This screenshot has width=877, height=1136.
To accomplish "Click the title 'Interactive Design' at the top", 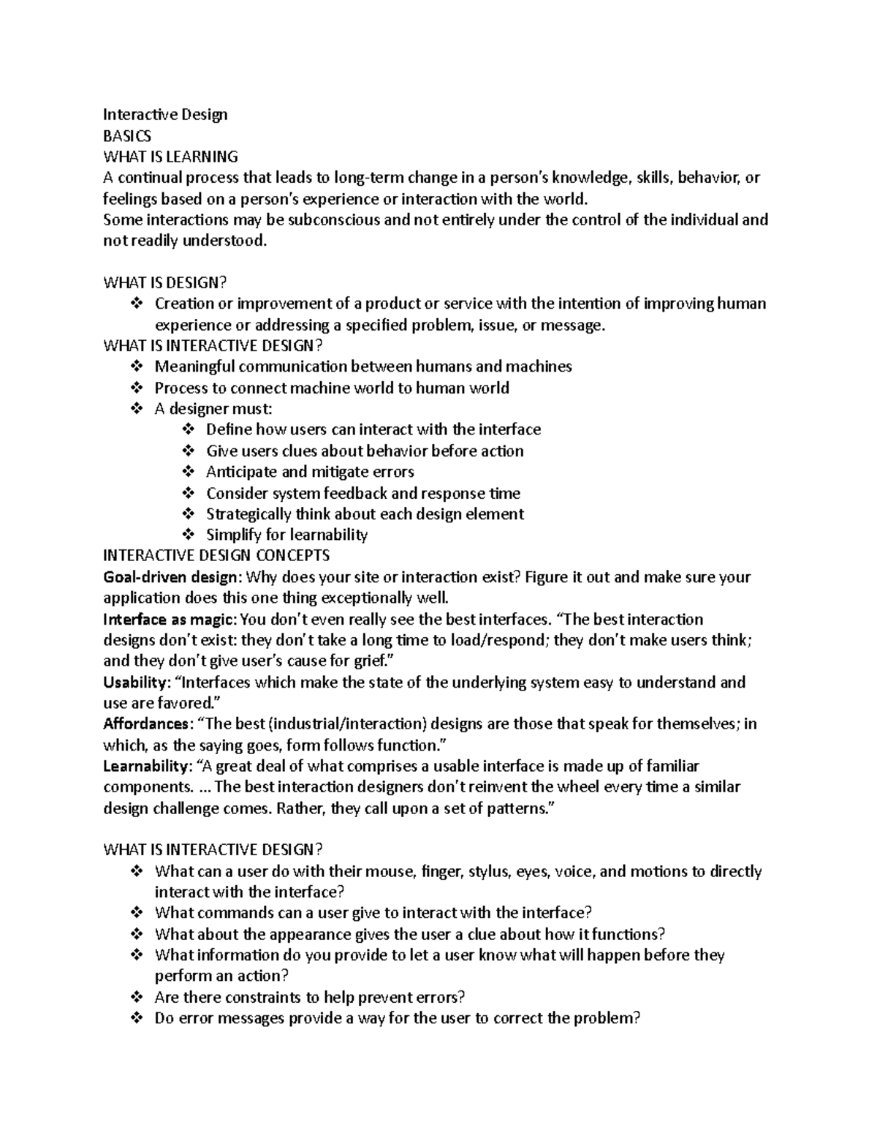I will pyautogui.click(x=165, y=115).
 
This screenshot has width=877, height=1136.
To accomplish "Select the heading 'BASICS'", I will pyautogui.click(x=127, y=136).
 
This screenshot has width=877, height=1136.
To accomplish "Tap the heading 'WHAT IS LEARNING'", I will pyautogui.click(x=170, y=157).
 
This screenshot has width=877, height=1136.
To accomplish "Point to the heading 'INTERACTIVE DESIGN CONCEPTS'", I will pyautogui.click(x=216, y=555).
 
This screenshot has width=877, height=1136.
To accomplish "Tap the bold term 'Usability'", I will pyautogui.click(x=135, y=682).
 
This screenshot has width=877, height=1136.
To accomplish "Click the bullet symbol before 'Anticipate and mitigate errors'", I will pyautogui.click(x=188, y=472).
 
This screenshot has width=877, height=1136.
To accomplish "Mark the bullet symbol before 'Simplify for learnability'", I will pyautogui.click(x=188, y=535).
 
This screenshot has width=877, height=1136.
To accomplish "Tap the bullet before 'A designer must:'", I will pyautogui.click(x=137, y=409).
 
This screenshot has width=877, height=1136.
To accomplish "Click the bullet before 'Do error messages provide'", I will pyautogui.click(x=137, y=1018).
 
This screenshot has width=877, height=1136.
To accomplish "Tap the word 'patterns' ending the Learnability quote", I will pyautogui.click(x=516, y=809).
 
